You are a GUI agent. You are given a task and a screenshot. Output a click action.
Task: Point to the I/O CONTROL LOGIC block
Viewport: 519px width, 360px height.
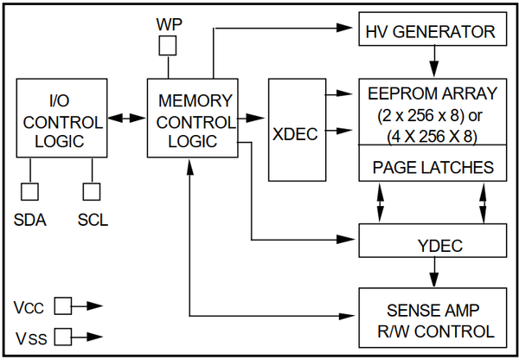pyautogui.click(x=61, y=117)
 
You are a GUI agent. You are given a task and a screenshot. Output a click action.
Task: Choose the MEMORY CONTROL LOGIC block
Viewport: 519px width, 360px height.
pyautogui.click(x=194, y=117)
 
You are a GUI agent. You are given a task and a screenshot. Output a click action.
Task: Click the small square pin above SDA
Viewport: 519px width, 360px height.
pyautogui.click(x=32, y=190)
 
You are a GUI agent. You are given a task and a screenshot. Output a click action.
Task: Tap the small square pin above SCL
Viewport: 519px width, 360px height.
pyautogui.click(x=92, y=190)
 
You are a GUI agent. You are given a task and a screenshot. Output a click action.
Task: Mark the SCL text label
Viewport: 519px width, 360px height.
pyautogui.click(x=93, y=220)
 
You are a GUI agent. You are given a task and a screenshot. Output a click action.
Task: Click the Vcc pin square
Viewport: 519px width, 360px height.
pyautogui.click(x=62, y=305)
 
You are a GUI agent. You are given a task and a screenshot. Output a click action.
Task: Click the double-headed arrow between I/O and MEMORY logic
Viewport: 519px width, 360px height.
pyautogui.click(x=126, y=117)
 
